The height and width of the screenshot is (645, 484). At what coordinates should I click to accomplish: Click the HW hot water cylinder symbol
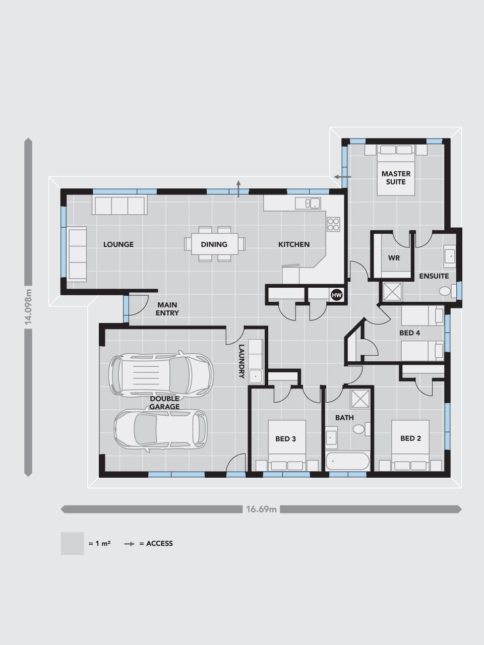[x=336, y=295]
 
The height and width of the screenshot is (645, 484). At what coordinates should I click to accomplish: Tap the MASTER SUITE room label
[x=396, y=178]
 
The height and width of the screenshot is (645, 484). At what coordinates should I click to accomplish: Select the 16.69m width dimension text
[x=261, y=509]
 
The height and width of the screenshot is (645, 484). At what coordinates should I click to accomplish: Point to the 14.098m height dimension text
[x=28, y=307]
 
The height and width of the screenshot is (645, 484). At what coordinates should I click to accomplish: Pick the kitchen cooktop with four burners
[x=333, y=224]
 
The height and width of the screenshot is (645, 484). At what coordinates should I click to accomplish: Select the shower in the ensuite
[x=392, y=291]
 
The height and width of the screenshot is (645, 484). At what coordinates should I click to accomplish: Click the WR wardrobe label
[x=394, y=258]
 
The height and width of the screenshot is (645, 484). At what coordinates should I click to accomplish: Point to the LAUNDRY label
[x=241, y=361]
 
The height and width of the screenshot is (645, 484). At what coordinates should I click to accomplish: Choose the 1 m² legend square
[x=72, y=543]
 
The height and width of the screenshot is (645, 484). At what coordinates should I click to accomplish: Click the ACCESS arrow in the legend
[x=129, y=544]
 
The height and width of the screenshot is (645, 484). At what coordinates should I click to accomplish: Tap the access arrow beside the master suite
[x=343, y=177]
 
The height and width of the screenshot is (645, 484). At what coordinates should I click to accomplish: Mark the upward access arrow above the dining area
[x=238, y=188]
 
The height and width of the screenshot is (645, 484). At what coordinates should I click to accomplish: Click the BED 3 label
[x=285, y=439]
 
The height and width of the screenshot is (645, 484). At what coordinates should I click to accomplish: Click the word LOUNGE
[x=118, y=244]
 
